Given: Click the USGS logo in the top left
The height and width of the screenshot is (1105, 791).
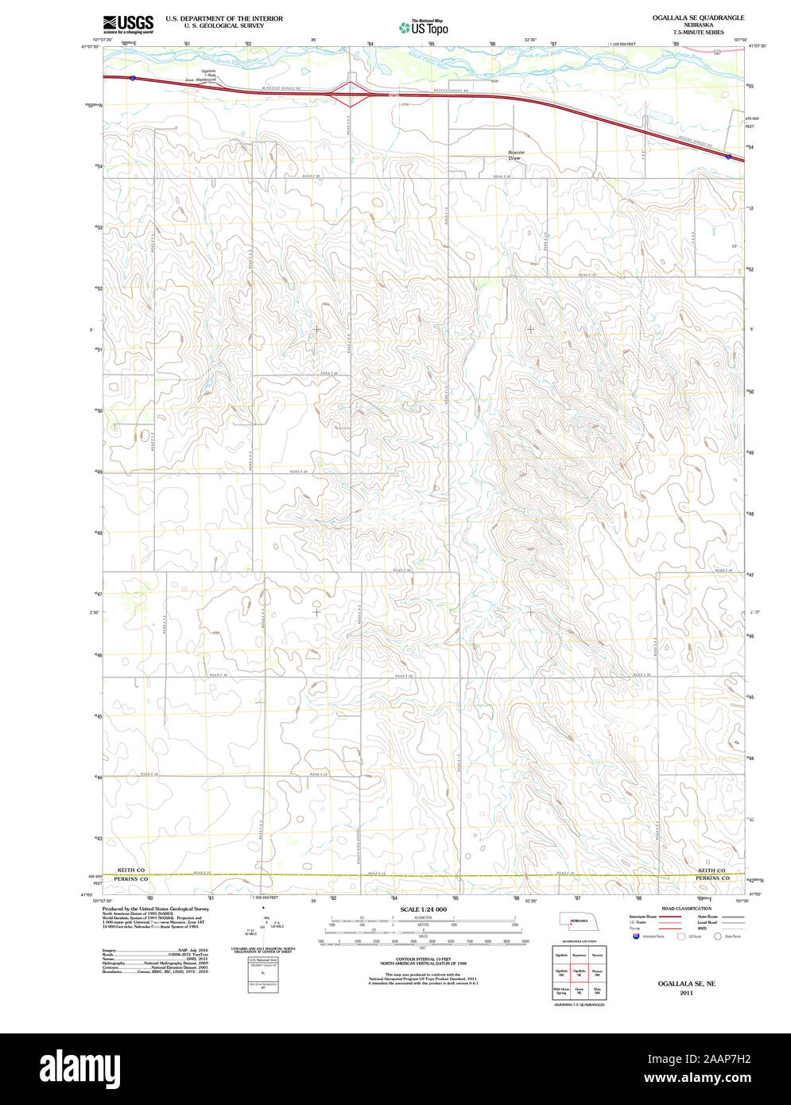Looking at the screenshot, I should pyautogui.click(x=128, y=24).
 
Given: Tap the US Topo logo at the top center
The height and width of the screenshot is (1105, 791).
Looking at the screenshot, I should pyautogui.click(x=424, y=28).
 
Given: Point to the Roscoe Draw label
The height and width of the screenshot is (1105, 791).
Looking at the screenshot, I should pyautogui.click(x=515, y=155).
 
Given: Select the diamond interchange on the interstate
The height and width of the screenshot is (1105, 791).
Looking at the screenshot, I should pyautogui.click(x=351, y=94).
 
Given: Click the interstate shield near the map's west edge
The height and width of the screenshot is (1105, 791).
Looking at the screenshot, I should pyautogui.click(x=133, y=78).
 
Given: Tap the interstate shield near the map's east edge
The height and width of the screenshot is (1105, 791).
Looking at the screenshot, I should pyautogui.click(x=729, y=157).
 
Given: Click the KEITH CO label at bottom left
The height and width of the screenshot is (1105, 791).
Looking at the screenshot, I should pyautogui.click(x=131, y=870).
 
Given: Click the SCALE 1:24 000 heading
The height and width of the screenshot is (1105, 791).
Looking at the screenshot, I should pyautogui.click(x=423, y=909).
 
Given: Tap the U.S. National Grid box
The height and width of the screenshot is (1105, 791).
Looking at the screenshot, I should pyautogui.click(x=264, y=974).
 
